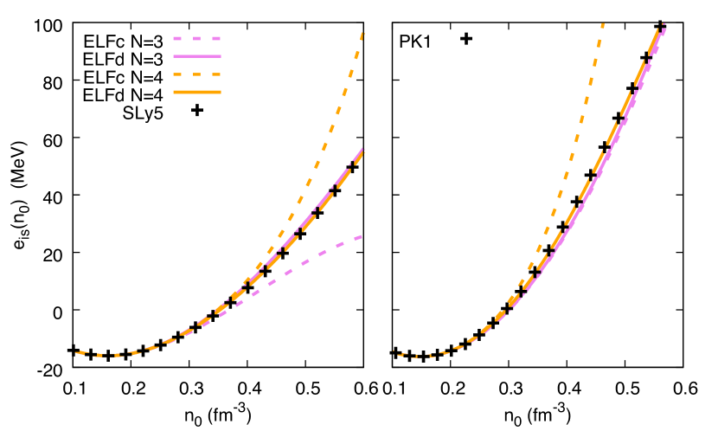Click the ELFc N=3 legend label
pyautogui.click(x=123, y=41)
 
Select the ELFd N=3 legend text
pyautogui.click(x=123, y=59)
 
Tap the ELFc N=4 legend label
pyautogui.click(x=123, y=77)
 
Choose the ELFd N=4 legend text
pyautogui.click(x=123, y=95)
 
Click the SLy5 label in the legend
pyautogui.click(x=143, y=113)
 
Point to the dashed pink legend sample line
pyautogui.click(x=198, y=39)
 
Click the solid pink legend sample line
pyautogui.click(x=198, y=55)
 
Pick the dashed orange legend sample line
pyautogui.click(x=198, y=74)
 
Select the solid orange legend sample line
pyautogui.click(x=198, y=91)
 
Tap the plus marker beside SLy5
pyautogui.click(x=197, y=109)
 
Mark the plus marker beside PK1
pyautogui.click(x=465, y=38)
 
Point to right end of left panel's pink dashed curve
pyautogui.click(x=361, y=236)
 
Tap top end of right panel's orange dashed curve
pyautogui.click(x=602, y=25)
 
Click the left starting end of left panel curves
pyautogui.click(x=77, y=352)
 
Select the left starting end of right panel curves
pyautogui.click(x=395, y=352)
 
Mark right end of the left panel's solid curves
pyautogui.click(x=362, y=152)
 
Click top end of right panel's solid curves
pyautogui.click(x=664, y=25)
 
